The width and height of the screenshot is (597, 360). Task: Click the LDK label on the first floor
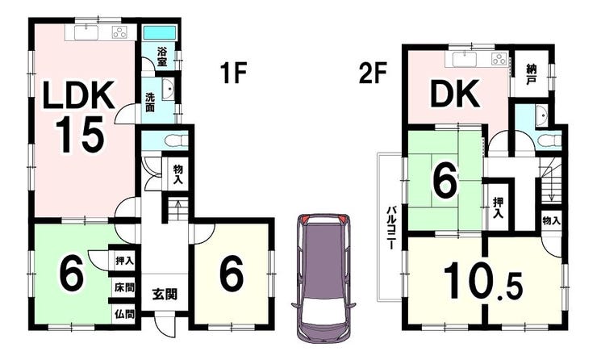point(80,95)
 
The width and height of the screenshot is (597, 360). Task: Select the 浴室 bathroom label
point(163,57)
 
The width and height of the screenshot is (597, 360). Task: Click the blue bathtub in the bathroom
point(160,33)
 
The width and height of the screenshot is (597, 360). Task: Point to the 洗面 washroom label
point(150,102)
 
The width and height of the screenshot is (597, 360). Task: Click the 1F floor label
point(233,73)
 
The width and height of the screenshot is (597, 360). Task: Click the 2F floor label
point(373,73)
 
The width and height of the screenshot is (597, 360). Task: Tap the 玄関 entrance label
point(165,294)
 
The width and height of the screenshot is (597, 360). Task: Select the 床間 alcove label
point(124,287)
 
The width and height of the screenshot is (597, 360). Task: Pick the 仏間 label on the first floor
point(124,314)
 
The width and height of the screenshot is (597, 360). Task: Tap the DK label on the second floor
point(455,94)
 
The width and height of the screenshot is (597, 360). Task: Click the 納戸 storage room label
point(531,75)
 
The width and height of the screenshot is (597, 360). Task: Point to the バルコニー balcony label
point(391,228)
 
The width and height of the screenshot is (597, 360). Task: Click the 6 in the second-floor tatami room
point(444,182)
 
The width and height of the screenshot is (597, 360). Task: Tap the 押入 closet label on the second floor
point(498,208)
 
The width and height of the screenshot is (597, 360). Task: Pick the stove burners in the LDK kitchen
point(120,33)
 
